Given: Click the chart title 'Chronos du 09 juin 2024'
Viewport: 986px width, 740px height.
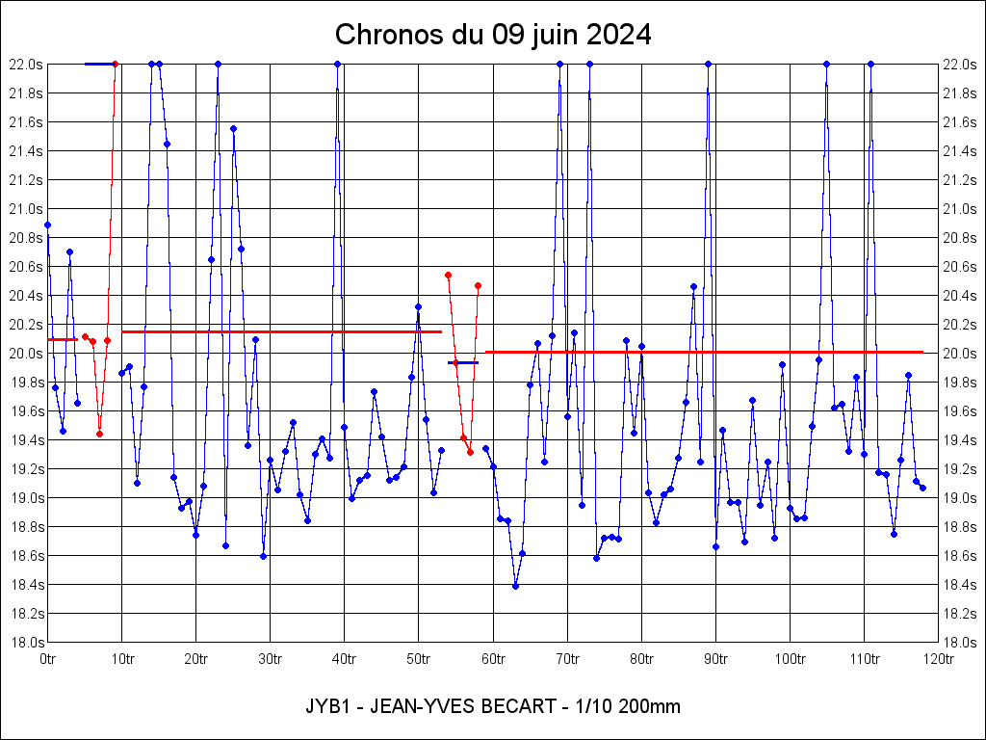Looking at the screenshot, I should [493, 35].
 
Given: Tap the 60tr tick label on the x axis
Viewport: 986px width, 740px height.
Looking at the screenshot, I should [493, 659].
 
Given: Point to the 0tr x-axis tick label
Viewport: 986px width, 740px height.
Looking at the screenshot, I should [48, 659].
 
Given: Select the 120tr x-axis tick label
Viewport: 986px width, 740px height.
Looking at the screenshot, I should [938, 659].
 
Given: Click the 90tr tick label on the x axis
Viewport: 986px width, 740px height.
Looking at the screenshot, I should [715, 659].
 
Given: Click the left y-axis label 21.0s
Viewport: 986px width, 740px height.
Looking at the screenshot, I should [26, 209].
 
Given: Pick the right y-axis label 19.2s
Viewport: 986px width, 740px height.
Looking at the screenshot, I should [960, 469].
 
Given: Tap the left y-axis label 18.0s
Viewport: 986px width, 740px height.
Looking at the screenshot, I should [26, 643].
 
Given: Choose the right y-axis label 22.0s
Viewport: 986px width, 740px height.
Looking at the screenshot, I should [960, 65].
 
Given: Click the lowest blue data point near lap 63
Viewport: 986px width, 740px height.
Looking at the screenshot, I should [515, 586].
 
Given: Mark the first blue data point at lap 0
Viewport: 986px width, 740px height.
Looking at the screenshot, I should [47, 225].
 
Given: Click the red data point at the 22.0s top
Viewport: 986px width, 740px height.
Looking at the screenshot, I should [115, 64].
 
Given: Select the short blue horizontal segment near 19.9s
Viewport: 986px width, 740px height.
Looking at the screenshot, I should [463, 362].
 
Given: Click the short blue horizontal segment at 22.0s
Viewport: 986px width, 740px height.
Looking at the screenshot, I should [99, 64].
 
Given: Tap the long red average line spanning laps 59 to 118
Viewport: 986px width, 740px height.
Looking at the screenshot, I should [704, 352].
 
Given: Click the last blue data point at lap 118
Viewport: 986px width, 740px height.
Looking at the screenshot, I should [922, 488].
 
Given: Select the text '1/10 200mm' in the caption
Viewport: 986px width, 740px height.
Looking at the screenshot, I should [627, 706].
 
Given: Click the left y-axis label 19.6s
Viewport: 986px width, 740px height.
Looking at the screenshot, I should [26, 411].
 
